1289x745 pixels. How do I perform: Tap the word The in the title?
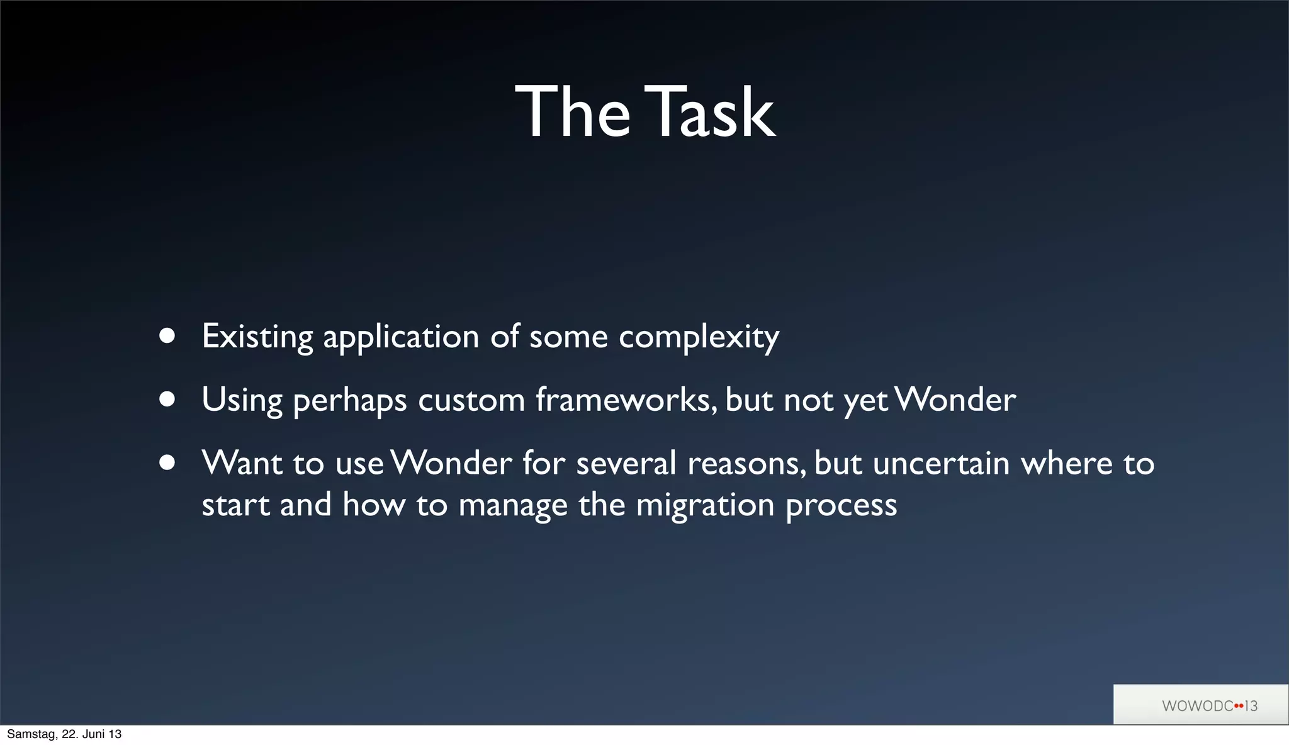coord(572,112)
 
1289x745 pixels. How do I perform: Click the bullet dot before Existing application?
coord(167,336)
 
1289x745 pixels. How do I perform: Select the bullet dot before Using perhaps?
coord(167,400)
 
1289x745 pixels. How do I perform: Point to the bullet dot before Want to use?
coord(167,463)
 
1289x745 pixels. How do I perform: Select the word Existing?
coord(257,337)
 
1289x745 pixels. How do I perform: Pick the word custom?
coord(471,401)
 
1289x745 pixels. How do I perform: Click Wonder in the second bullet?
coord(955,400)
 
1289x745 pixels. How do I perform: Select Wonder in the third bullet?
coord(451,463)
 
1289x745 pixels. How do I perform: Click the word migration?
coord(705,506)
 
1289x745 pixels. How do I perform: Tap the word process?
coord(841,506)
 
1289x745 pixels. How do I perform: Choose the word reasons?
coord(746,464)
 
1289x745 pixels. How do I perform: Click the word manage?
coord(513,506)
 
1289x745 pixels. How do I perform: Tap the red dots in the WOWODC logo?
coord(1239,706)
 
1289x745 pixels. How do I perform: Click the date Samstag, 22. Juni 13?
coord(64,734)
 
